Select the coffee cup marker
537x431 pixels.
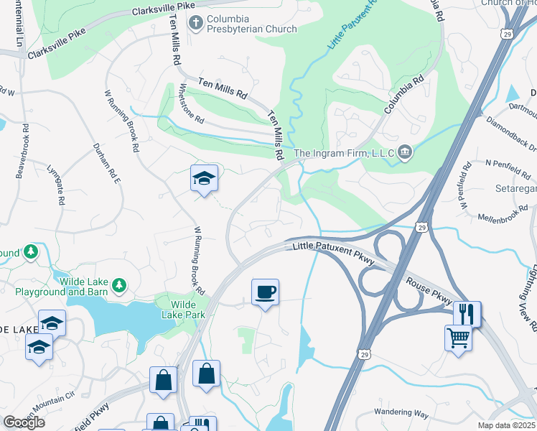point(265,292)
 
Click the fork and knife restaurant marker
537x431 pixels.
point(466,313)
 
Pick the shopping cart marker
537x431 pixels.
point(458,337)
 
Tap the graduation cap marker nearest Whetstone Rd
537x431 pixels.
point(204,178)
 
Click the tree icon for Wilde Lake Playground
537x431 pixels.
point(119,287)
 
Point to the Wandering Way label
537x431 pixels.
point(401,414)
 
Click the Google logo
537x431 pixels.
point(23,422)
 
